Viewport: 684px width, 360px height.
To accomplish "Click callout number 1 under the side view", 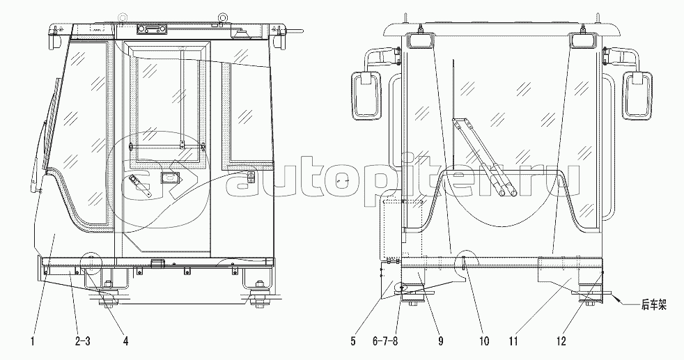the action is point(32,341).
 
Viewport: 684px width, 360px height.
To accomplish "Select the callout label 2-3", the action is point(82,341).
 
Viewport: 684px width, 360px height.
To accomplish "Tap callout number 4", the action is point(125,341).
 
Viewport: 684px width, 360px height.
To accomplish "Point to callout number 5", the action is point(353,341).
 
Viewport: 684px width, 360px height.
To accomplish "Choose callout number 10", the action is point(484,341).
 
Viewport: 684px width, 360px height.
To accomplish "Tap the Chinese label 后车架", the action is point(654,305).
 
